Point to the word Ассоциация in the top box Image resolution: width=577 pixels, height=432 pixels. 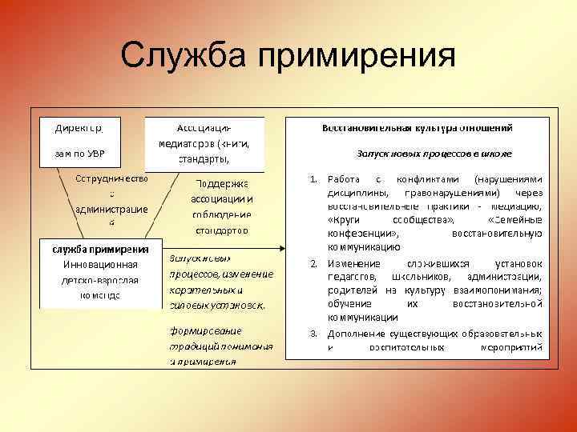click(204, 128)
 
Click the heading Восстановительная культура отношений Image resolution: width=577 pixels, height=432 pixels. click(417, 128)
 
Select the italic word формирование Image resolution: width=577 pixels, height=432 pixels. click(205, 330)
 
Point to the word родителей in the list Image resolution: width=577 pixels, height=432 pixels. click(353, 290)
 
